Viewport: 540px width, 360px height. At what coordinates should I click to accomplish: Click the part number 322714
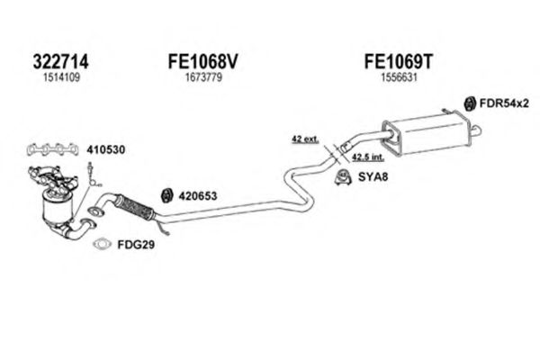[x=61, y=63]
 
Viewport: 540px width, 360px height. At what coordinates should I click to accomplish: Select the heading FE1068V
[x=202, y=63]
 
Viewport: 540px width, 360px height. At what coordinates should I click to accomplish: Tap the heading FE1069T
[x=397, y=63]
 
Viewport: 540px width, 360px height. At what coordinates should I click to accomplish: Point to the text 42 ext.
[x=303, y=138]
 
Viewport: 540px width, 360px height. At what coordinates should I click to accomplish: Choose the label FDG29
[x=131, y=244]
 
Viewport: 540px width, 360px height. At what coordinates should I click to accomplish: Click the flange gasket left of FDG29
[x=101, y=243]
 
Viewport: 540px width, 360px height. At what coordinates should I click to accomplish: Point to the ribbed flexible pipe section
[x=136, y=204]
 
